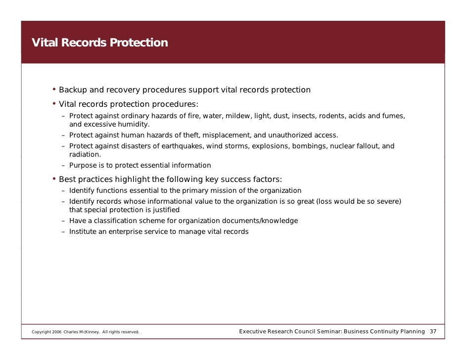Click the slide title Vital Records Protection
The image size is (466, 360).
[x=99, y=43]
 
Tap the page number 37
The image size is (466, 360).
[x=433, y=331]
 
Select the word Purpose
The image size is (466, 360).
[x=83, y=165]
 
